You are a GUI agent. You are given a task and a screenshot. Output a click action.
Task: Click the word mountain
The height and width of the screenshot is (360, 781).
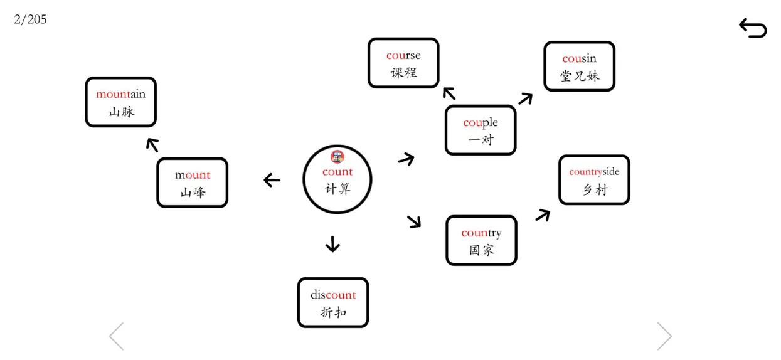click(x=120, y=94)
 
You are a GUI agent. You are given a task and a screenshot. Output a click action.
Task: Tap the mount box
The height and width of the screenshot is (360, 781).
click(x=193, y=183)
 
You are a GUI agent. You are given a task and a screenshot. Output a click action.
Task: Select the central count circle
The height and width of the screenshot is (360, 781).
click(x=337, y=179)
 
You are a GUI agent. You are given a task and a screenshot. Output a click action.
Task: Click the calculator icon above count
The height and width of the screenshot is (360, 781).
click(x=337, y=157)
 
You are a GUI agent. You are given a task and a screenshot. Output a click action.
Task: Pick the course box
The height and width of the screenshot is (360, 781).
click(x=403, y=63)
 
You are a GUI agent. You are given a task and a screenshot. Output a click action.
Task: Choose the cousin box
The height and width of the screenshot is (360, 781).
click(x=579, y=66)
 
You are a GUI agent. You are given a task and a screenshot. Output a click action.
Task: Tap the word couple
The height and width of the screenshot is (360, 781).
click(x=481, y=123)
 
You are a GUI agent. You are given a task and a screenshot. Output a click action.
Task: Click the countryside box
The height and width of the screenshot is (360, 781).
click(x=594, y=180)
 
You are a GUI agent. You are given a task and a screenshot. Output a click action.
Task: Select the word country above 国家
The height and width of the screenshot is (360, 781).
click(x=482, y=233)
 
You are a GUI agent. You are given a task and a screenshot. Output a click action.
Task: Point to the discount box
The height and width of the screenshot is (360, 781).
click(x=333, y=302)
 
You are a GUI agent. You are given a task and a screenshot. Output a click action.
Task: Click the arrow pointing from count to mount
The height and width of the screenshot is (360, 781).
click(x=272, y=180)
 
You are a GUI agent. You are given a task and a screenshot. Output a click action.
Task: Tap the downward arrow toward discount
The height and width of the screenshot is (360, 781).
click(x=332, y=244)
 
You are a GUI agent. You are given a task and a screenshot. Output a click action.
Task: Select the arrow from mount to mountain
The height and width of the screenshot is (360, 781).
click(x=152, y=145)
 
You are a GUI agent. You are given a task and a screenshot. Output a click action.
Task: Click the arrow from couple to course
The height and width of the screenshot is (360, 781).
click(x=449, y=93)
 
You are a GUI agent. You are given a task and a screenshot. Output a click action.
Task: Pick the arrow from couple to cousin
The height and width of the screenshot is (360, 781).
click(x=526, y=98)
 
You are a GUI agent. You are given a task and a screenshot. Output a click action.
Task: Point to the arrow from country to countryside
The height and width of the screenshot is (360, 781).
click(x=543, y=215)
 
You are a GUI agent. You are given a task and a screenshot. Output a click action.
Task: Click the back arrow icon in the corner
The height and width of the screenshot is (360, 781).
click(x=753, y=28)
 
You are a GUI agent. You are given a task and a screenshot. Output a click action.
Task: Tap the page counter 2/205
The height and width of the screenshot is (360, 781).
click(x=30, y=19)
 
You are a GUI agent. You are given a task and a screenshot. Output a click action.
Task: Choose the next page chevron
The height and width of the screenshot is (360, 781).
click(x=664, y=336)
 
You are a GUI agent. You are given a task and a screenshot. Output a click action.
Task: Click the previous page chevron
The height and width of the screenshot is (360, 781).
click(x=116, y=336)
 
